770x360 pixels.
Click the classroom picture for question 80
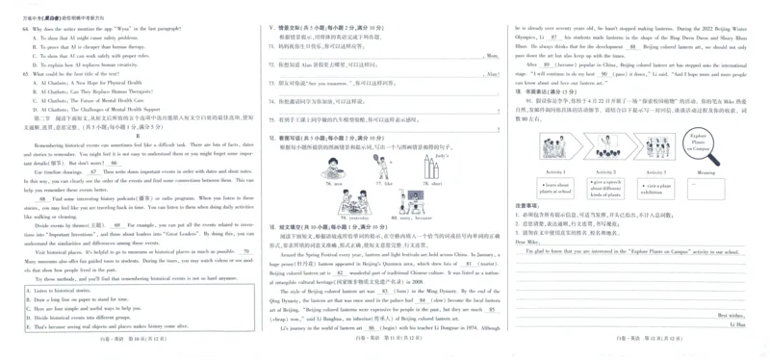click(416, 201)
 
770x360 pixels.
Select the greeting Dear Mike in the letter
click(527, 242)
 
